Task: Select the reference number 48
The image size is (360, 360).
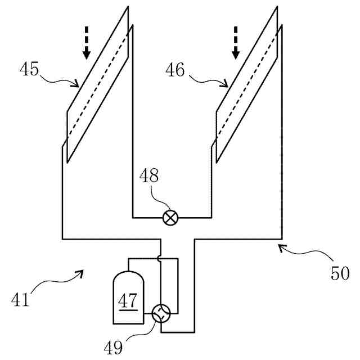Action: pyautogui.click(x=148, y=176)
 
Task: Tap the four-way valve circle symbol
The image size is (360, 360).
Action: pyautogui.click(x=160, y=313)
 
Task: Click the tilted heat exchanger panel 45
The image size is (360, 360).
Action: pyautogui.click(x=98, y=84)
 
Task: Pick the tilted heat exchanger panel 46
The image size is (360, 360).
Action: pyautogui.click(x=247, y=84)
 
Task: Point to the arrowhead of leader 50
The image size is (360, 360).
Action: pyautogui.click(x=281, y=246)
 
